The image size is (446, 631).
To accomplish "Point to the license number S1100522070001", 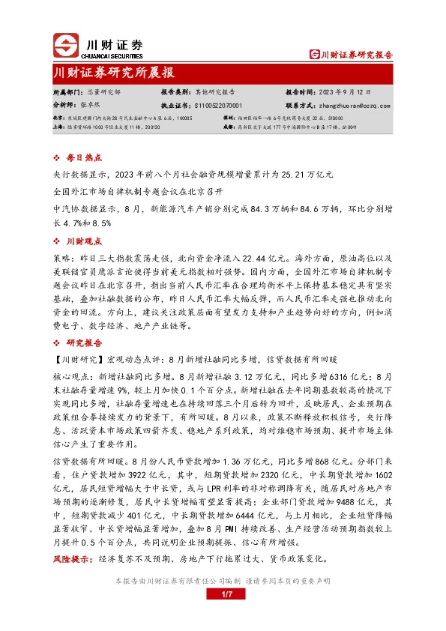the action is pos(221,106).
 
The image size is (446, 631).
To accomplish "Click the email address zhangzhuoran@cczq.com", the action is pos(358,106).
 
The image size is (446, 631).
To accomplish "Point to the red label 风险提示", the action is pos(72,559).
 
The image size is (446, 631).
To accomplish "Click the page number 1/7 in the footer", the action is pos(223,595).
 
